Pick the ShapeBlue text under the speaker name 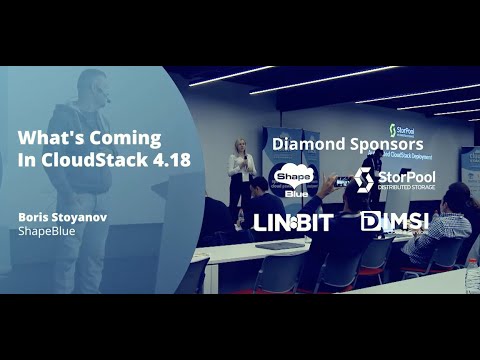(47, 230)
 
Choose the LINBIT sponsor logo (292, 222)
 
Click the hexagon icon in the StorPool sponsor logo (365, 181)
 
